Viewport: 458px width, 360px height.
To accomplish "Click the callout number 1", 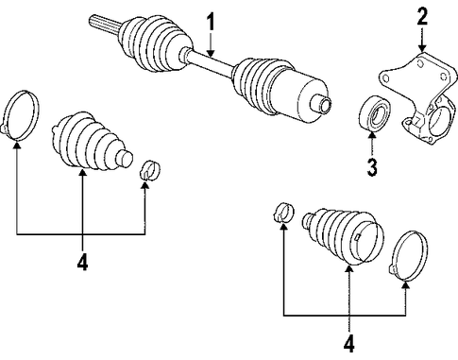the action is (211, 23).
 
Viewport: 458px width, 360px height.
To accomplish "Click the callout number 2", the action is (422, 17).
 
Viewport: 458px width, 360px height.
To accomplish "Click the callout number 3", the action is (372, 167).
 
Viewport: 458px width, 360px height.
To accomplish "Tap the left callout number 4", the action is (82, 262).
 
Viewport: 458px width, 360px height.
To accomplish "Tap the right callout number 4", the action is (348, 344).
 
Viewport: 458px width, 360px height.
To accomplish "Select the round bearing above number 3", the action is (375, 113).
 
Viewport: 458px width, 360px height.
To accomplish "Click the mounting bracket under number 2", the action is (418, 97).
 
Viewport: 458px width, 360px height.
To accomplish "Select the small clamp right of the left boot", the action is (150, 170).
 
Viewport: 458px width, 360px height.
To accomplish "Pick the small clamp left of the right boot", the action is (283, 212).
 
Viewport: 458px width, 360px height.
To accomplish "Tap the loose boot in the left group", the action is (92, 142).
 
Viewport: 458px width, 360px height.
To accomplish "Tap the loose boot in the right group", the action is (343, 234).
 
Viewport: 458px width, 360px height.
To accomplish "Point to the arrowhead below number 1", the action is (211, 53).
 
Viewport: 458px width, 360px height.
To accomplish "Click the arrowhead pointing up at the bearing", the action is (372, 136).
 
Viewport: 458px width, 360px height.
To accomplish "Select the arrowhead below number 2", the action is (422, 48).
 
